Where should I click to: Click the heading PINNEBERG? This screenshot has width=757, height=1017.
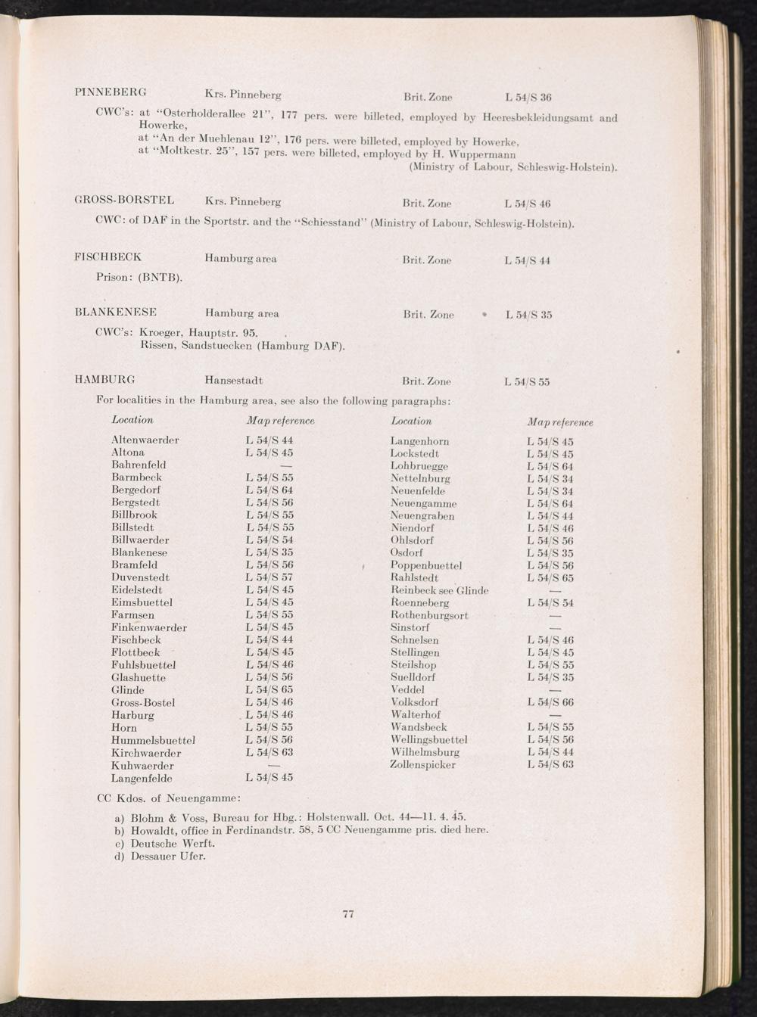[111, 93]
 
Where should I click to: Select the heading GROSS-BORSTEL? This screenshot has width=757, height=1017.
[124, 201]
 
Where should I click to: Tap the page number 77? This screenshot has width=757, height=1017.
[348, 914]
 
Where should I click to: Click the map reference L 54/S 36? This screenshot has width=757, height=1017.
[528, 97]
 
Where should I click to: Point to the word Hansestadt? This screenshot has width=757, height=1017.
[233, 380]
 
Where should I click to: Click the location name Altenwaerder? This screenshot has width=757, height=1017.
[145, 440]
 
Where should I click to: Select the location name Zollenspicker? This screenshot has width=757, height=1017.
[422, 765]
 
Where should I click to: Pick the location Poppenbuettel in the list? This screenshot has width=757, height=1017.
[426, 565]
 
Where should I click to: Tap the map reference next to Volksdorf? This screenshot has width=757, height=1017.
[550, 702]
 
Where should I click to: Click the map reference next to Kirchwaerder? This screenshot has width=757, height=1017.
[269, 753]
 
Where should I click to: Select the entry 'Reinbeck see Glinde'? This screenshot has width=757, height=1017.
[439, 590]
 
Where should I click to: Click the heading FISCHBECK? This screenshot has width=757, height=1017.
[107, 257]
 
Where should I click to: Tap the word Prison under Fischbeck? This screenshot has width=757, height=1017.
[114, 277]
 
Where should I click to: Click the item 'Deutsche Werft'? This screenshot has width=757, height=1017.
[173, 843]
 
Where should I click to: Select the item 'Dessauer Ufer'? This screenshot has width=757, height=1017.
[167, 857]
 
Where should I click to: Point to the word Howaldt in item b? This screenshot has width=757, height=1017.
[154, 830]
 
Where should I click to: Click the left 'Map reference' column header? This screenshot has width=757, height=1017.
[280, 421]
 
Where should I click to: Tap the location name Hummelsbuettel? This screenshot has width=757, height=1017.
[153, 740]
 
